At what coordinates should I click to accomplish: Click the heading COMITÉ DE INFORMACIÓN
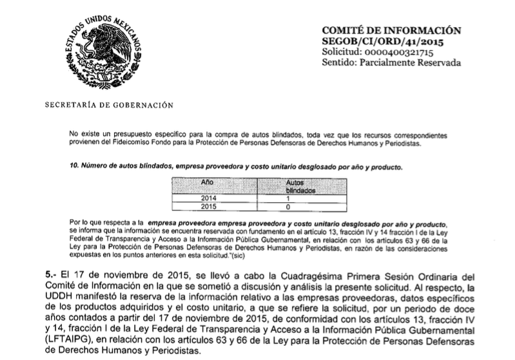click(391, 30)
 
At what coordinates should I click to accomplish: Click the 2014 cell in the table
click(207, 199)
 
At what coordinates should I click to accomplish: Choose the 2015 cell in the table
click(207, 208)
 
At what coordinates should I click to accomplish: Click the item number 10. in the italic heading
click(73, 167)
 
